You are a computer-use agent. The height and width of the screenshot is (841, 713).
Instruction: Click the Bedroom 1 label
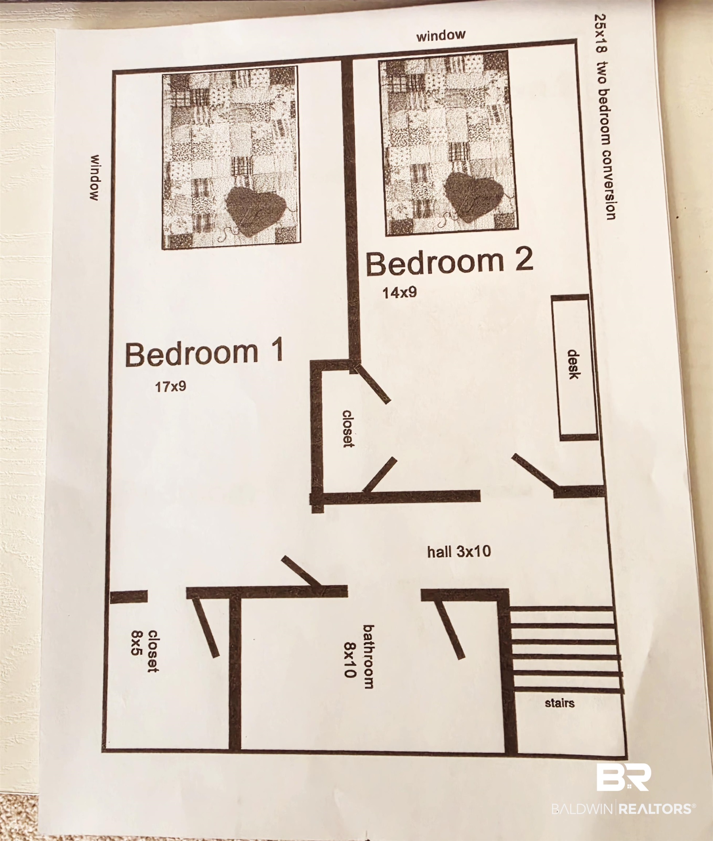tap(204, 353)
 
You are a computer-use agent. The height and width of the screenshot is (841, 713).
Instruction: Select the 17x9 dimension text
tap(171, 387)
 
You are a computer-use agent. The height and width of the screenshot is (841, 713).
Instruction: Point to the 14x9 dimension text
tap(399, 292)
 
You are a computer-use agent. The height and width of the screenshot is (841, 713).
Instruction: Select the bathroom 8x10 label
tap(359, 655)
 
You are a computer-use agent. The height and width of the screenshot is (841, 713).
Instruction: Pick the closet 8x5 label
tap(144, 650)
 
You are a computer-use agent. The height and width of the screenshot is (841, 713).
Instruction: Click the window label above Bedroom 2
tap(441, 35)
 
